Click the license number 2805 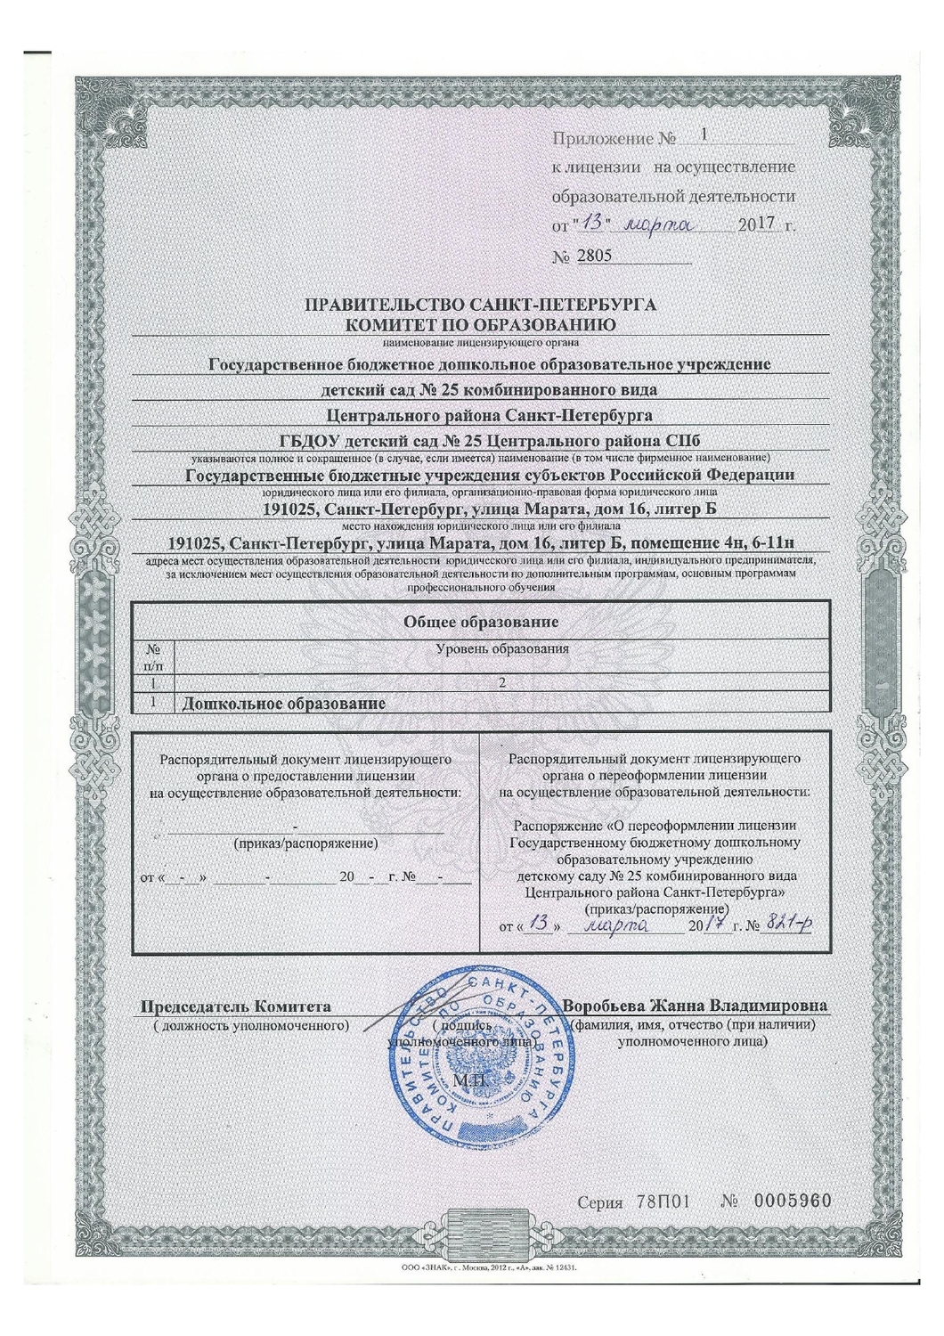pos(595,257)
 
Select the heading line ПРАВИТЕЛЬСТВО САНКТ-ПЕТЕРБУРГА pos(480,305)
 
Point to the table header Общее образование pos(482,621)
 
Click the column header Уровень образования pos(503,649)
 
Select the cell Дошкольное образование pos(284,704)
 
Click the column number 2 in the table pos(503,683)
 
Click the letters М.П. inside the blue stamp pos(468,1080)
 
